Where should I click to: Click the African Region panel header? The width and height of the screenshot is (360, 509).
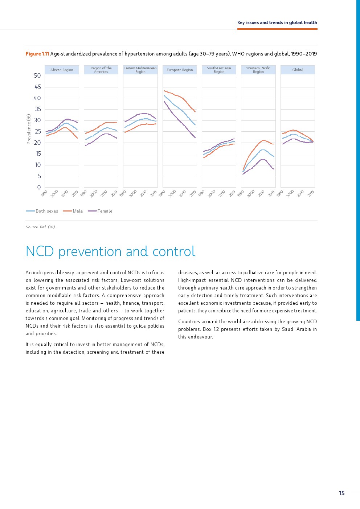point(62,70)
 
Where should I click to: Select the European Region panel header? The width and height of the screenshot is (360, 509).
point(180,70)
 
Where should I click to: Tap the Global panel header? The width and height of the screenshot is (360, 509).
point(298,70)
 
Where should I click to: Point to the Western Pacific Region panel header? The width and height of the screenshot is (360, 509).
point(258,70)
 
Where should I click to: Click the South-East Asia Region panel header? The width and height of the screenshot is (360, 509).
point(219,70)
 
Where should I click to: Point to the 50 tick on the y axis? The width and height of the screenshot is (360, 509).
point(37,76)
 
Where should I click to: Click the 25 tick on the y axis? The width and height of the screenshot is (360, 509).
point(37,132)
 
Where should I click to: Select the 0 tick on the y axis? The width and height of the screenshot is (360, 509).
point(39,188)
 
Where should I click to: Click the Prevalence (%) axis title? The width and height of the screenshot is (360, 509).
point(29,129)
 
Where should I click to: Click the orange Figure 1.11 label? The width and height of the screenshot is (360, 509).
point(37,54)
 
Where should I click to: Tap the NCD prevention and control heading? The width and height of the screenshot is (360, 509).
point(110,251)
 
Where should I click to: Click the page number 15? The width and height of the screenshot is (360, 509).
point(341,493)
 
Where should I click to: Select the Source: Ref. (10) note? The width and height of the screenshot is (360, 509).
point(41,227)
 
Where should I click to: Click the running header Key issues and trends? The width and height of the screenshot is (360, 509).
point(277,22)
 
